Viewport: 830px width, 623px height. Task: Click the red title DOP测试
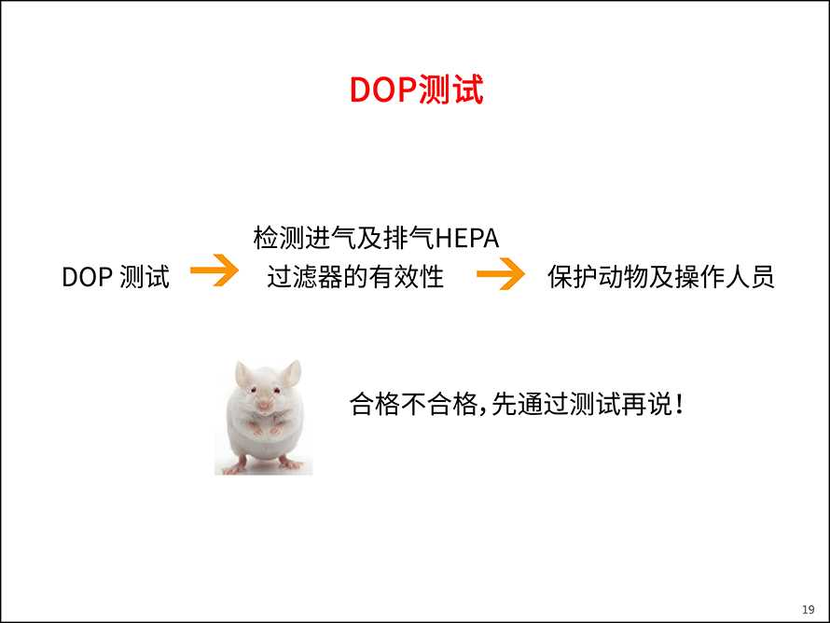coord(416,90)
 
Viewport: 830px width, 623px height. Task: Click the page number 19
coord(809,609)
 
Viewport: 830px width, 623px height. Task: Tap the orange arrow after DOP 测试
coord(214,270)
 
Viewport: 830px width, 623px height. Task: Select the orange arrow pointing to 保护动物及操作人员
coord(501,273)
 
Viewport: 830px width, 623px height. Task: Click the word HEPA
coord(467,238)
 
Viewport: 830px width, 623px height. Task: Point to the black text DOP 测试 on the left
coord(116,277)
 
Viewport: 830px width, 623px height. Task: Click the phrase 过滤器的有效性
coord(355,277)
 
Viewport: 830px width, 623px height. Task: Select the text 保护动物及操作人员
coord(660,277)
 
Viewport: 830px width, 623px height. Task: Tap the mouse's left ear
coord(243,374)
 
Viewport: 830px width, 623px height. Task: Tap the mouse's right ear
coord(291,373)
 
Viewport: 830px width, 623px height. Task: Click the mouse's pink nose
coord(264,405)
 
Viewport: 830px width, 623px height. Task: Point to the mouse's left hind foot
coord(234,467)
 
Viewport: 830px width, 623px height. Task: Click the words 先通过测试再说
coord(581,405)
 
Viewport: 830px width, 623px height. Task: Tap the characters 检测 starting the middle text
coord(279,238)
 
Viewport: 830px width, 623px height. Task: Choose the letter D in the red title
coord(361,90)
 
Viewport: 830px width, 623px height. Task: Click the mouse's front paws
coord(265,430)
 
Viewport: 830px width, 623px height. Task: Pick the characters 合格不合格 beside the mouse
coord(413,405)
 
